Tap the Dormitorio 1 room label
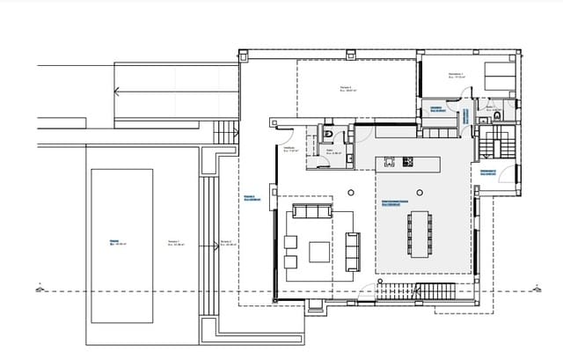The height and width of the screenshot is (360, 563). (x=456, y=76)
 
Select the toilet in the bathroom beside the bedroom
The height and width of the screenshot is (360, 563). (x=498, y=114)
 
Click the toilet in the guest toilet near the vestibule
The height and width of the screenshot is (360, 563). (x=327, y=134)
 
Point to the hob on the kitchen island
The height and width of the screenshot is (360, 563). (x=409, y=161)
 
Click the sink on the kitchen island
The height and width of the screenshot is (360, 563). (x=387, y=161)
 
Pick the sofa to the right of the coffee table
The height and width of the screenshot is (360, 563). (x=353, y=252)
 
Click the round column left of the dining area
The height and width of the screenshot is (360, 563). (x=351, y=192)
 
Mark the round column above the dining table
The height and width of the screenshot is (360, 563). (x=418, y=192)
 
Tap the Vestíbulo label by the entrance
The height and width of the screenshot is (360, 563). (x=293, y=150)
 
